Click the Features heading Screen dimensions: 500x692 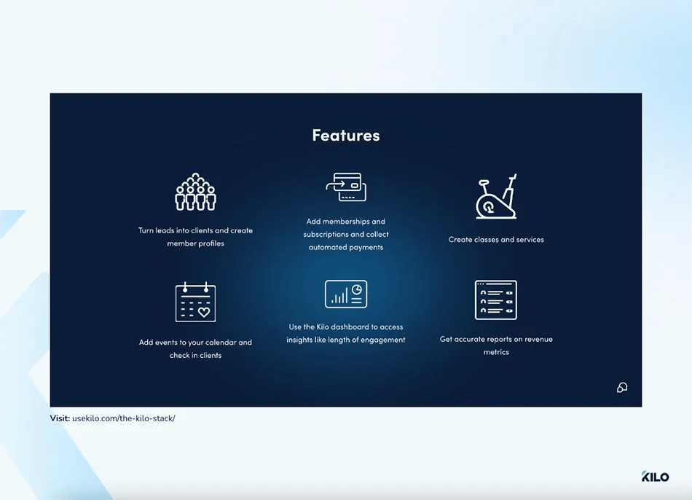tap(346, 136)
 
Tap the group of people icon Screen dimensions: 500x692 tap(195, 192)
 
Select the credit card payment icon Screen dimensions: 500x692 tap(346, 187)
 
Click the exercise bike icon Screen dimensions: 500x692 tap(497, 197)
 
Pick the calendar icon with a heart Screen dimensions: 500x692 tap(195, 302)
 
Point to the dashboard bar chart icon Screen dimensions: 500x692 tap(346, 294)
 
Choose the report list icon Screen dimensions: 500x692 tap(496, 300)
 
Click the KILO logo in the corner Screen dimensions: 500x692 tap(655, 477)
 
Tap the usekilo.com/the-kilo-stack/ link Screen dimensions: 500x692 tap(124, 418)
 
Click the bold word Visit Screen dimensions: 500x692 tap(60, 418)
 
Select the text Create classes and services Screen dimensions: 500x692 tap(496, 240)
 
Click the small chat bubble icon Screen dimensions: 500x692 tap(621, 388)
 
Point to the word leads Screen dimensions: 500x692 tap(165, 230)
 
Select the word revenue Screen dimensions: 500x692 tap(538, 340)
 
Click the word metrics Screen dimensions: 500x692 tap(496, 353)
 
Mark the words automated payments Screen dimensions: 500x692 tap(346, 248)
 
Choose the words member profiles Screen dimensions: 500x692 tap(195, 243)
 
